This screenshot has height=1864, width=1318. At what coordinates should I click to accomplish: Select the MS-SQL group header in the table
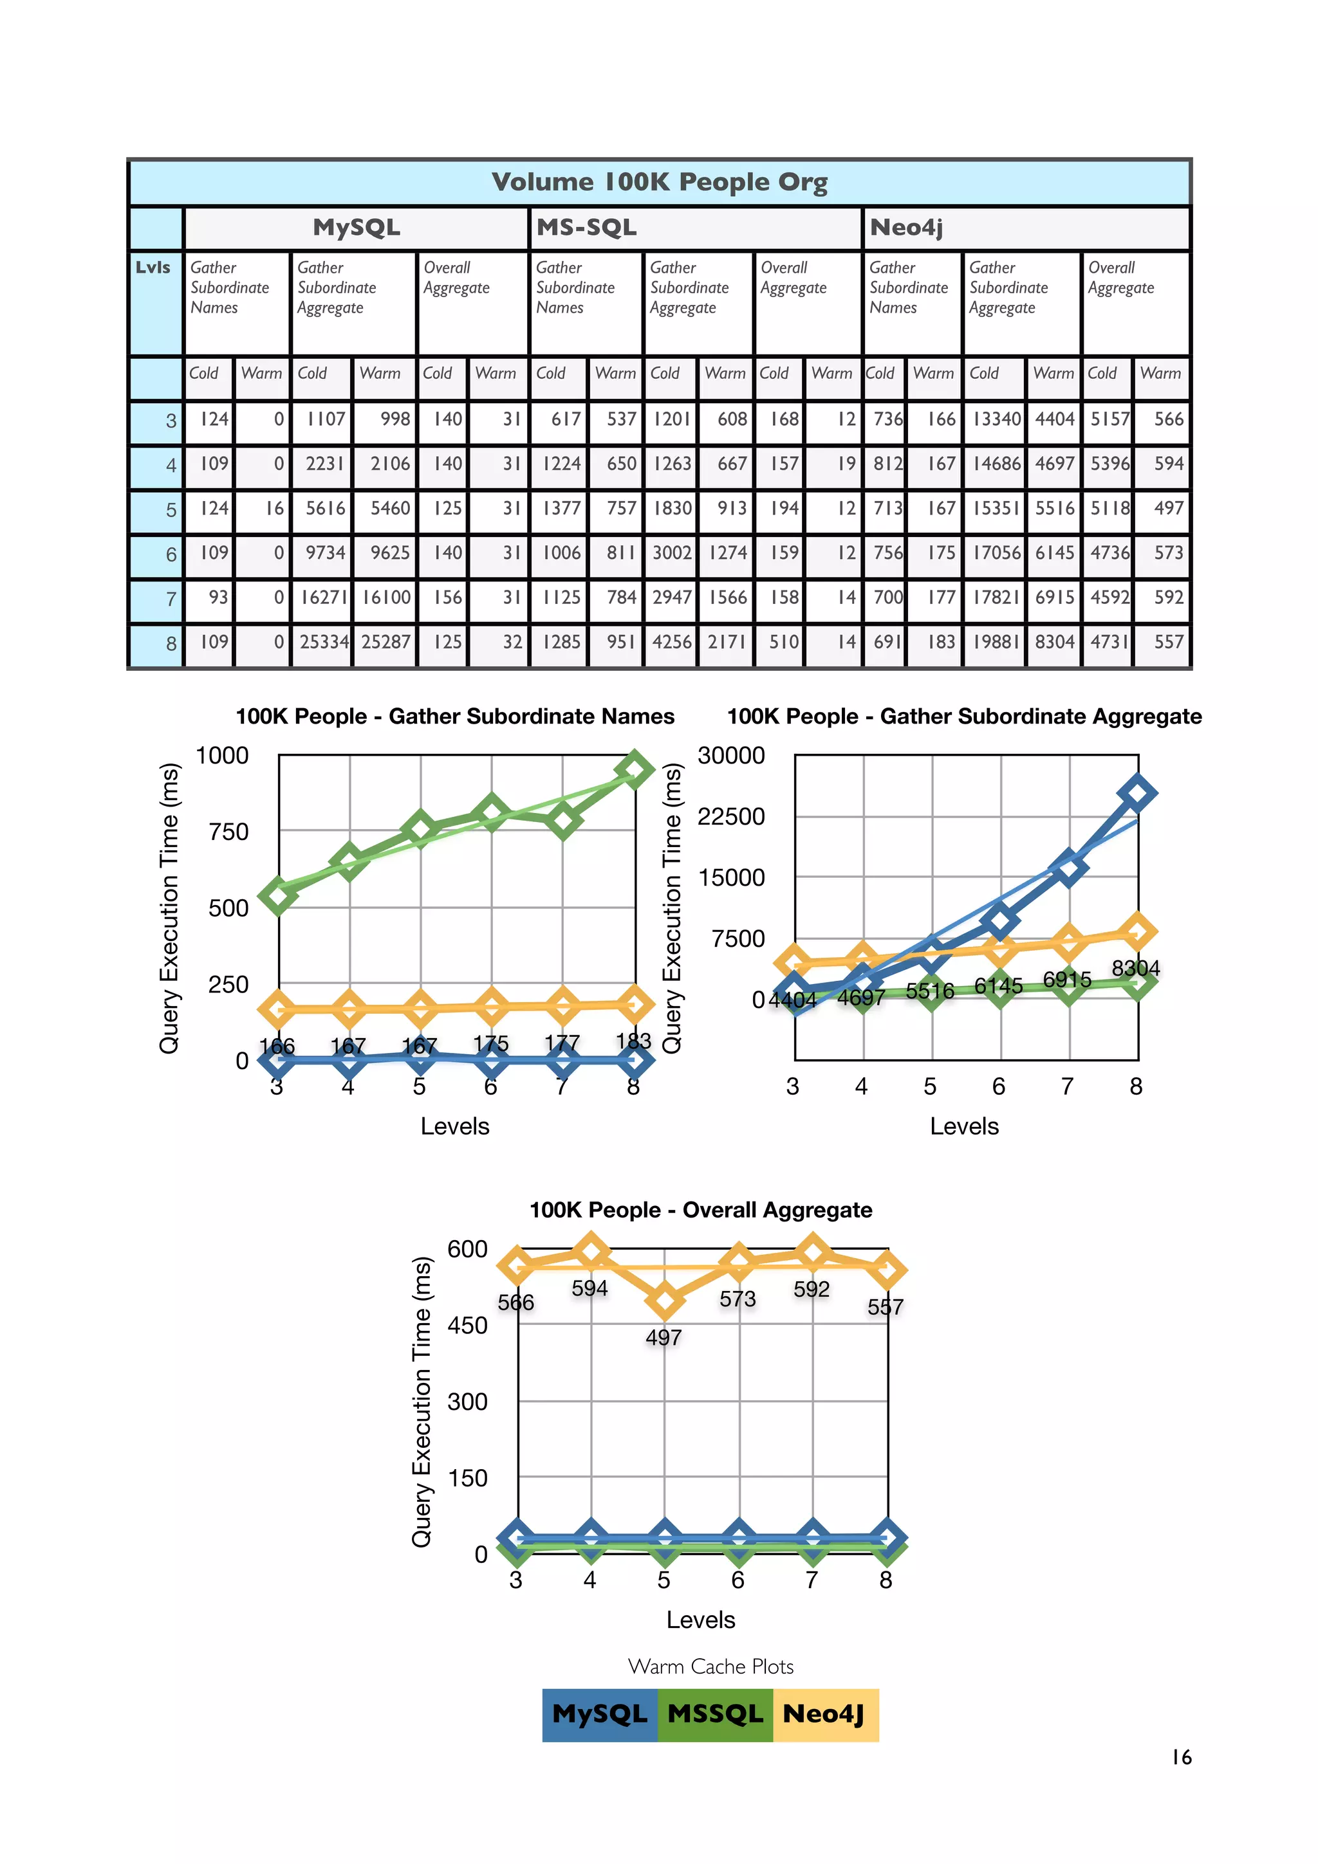click(586, 227)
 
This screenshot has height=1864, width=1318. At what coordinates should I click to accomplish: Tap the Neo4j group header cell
click(906, 227)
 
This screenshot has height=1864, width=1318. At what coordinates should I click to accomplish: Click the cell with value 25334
click(323, 642)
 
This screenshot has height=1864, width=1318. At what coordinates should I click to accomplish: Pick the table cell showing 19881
click(996, 642)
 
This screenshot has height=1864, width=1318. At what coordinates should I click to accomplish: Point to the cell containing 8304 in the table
click(1054, 642)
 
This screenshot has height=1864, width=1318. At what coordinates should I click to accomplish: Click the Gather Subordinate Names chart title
click(455, 716)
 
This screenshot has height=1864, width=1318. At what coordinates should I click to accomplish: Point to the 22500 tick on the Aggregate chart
click(731, 816)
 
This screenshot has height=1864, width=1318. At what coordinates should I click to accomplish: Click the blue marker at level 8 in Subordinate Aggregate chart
click(1137, 793)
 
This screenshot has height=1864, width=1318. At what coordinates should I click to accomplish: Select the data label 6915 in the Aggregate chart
click(1066, 979)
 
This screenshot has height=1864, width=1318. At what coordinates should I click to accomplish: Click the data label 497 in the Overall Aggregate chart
click(664, 1337)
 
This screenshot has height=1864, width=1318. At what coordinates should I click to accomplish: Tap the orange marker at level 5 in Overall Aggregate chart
click(665, 1301)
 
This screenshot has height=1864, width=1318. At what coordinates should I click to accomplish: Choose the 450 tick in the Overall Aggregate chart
click(467, 1326)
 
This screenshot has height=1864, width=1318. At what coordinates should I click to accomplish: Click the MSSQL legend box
click(714, 1713)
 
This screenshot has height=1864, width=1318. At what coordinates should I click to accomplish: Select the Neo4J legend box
click(824, 1713)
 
